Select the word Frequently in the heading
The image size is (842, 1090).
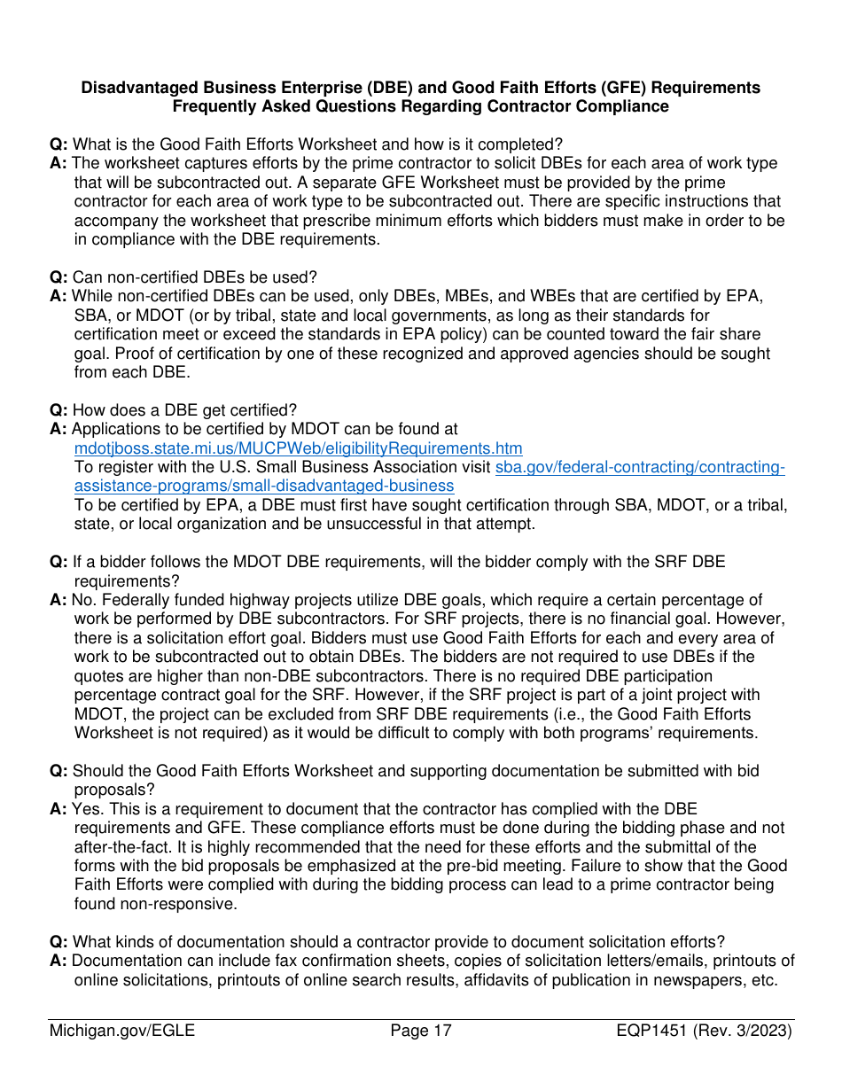point(214,106)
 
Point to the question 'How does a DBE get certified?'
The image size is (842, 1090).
point(184,410)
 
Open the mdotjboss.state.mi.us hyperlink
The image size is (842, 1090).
point(298,448)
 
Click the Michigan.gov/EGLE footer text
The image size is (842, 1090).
point(122,1031)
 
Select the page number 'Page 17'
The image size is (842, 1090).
point(421,1031)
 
